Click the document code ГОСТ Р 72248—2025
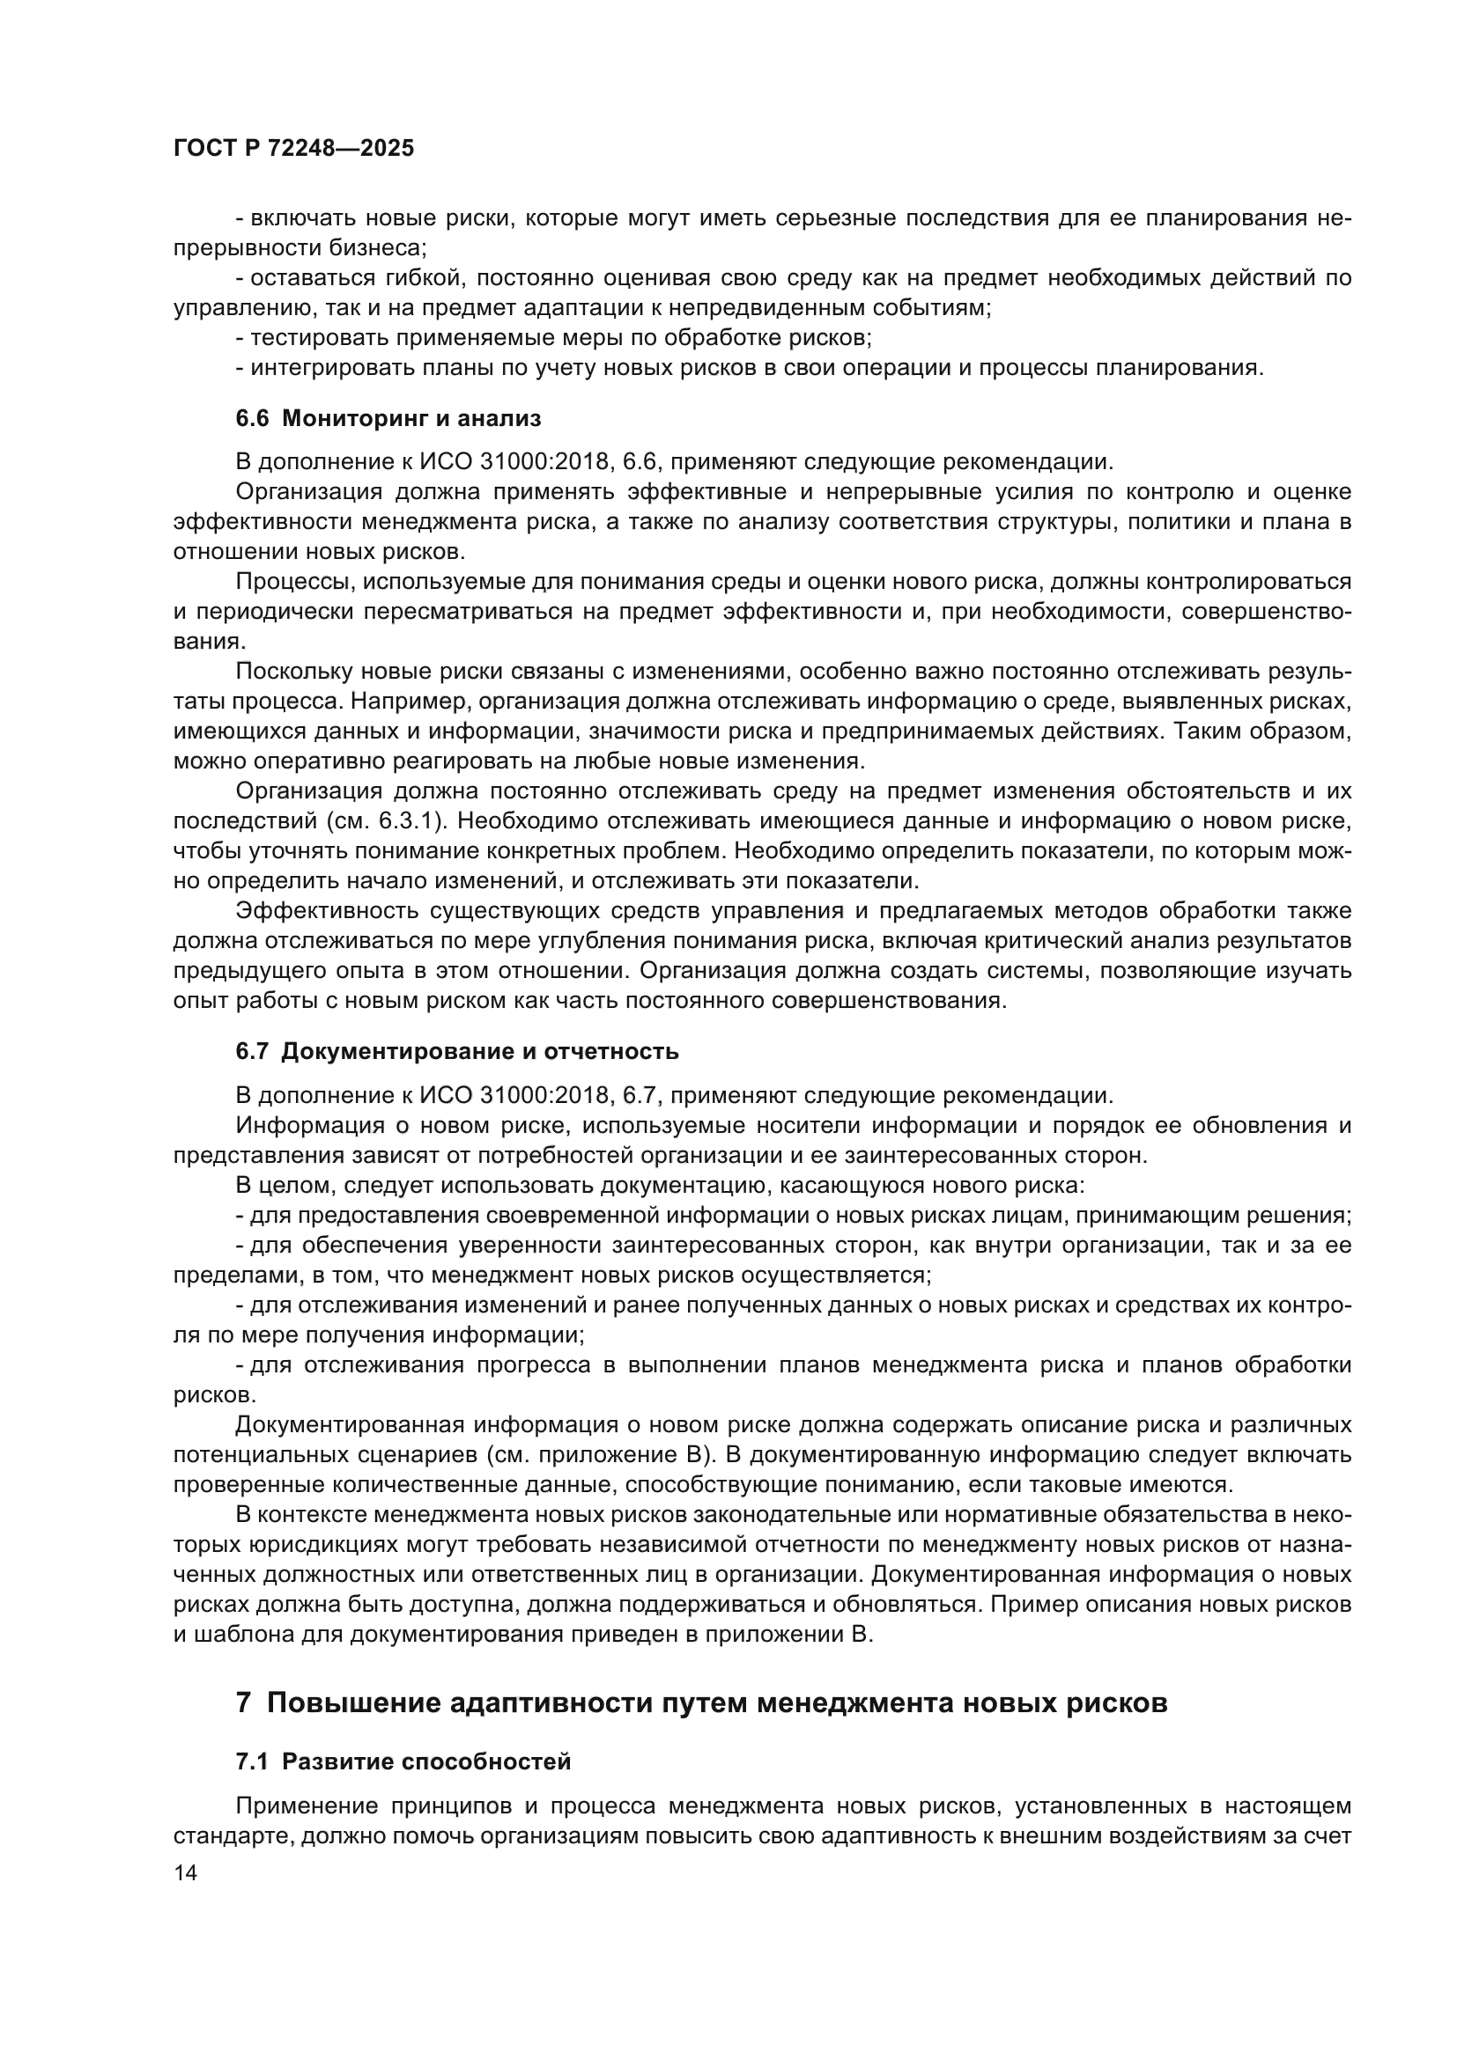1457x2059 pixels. pos(293,149)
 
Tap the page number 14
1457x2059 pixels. pos(185,1873)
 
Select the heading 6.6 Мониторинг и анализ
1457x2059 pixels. pos(388,418)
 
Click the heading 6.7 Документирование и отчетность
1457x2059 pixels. pos(456,1051)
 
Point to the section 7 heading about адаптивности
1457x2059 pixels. pos(700,1702)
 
